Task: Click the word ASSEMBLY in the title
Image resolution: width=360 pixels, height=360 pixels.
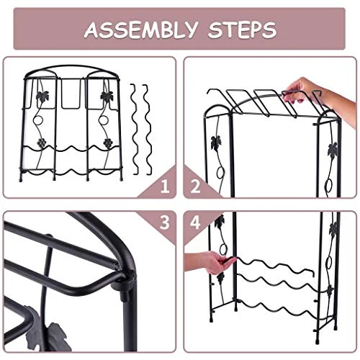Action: (x=141, y=30)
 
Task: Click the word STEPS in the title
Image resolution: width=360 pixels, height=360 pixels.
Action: (x=243, y=30)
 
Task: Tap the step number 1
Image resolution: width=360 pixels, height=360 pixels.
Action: (x=165, y=186)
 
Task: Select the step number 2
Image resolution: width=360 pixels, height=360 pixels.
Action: (x=195, y=186)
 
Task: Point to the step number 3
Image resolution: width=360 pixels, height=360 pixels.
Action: (x=165, y=222)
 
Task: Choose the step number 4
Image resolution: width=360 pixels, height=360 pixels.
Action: (x=195, y=222)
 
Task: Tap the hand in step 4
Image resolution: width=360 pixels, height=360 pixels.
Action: (x=209, y=262)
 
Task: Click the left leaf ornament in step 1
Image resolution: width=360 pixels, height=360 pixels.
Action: (x=42, y=96)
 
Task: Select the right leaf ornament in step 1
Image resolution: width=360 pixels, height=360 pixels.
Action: (x=107, y=96)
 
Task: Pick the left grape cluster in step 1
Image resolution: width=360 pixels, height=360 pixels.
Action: (x=42, y=143)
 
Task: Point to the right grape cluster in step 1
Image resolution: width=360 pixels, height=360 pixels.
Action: (x=108, y=143)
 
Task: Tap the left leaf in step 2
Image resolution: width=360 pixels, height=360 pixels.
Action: (x=216, y=143)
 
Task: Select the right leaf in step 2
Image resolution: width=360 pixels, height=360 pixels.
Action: (x=333, y=150)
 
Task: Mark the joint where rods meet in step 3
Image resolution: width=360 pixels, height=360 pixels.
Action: (x=128, y=276)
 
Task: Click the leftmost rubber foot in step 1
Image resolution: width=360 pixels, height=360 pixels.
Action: (x=21, y=179)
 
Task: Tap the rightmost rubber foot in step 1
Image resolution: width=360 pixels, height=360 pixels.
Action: (x=121, y=178)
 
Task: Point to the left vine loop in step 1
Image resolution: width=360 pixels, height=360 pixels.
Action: (x=37, y=121)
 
